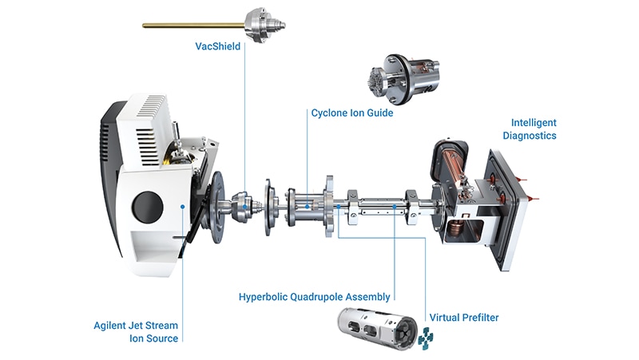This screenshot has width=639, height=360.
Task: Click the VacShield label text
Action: (217, 46)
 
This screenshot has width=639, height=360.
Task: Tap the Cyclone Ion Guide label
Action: (352, 113)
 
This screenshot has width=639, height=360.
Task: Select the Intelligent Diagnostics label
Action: (530, 129)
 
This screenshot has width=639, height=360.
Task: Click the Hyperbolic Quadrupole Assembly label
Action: (314, 297)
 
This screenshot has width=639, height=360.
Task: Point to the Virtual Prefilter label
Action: (464, 317)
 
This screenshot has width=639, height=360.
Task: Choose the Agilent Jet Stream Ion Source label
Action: (136, 332)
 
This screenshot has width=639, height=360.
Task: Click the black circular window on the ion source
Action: (148, 207)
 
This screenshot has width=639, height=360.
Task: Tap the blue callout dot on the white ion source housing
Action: (183, 207)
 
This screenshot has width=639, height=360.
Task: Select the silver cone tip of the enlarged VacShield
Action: (278, 25)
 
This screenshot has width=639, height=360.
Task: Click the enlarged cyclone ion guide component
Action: (403, 77)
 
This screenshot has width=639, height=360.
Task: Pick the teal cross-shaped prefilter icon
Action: (426, 338)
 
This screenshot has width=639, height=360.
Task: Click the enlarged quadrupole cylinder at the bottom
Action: (377, 328)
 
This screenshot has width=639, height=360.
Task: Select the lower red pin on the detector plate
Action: (533, 198)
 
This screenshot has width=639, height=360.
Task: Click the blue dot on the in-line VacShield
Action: (245, 207)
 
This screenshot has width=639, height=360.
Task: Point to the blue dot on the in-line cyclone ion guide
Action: (307, 207)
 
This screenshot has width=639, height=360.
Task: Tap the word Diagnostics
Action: (530, 136)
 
